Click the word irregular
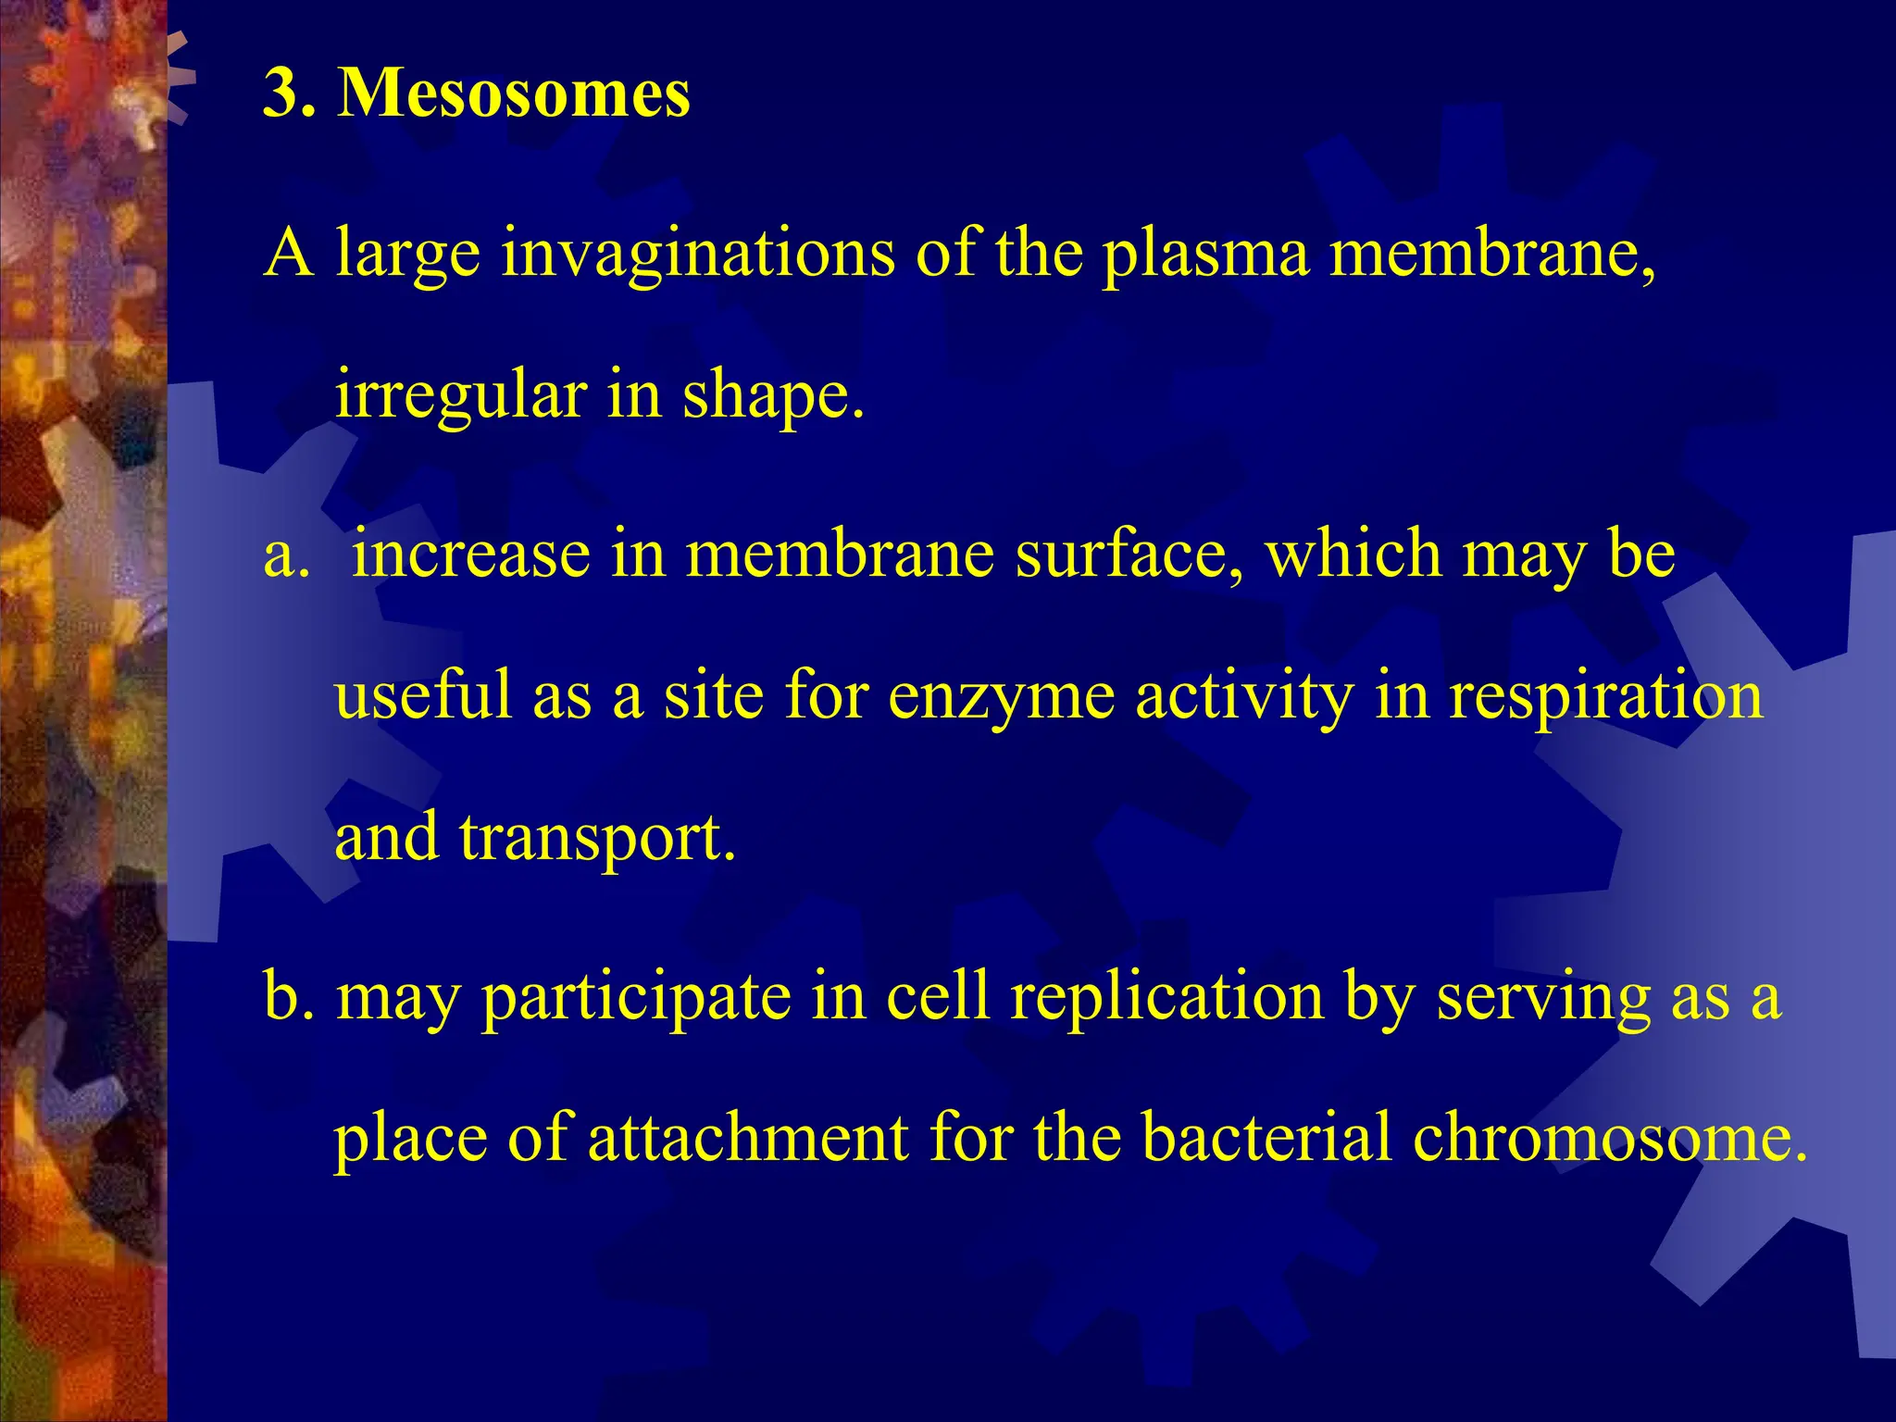click(x=460, y=394)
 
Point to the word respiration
click(x=1605, y=696)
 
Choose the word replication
click(x=1166, y=998)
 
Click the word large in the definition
click(x=407, y=254)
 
